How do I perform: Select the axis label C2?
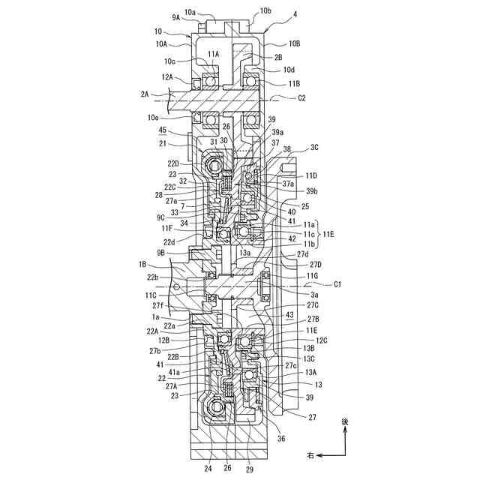tap(302, 98)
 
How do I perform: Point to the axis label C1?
tap(337, 284)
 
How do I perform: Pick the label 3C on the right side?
tap(314, 147)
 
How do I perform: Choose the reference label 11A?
tap(214, 54)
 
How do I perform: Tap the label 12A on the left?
tap(166, 76)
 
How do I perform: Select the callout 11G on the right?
tap(312, 276)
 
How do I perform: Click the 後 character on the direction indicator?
tap(345, 423)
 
